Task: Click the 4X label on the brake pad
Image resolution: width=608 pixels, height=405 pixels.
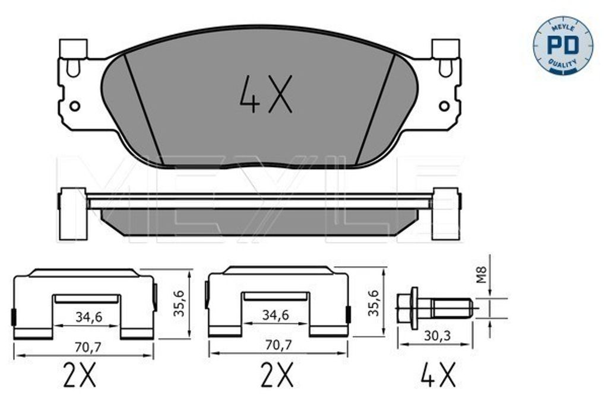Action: pyautogui.click(x=265, y=94)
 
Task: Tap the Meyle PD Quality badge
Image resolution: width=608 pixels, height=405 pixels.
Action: pyautogui.click(x=563, y=45)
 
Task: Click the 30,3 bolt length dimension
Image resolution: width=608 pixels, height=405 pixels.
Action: pyautogui.click(x=438, y=336)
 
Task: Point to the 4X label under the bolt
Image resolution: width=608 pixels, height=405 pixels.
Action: pyautogui.click(x=438, y=374)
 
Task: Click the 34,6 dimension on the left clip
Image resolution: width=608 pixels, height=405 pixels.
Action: pyautogui.click(x=89, y=317)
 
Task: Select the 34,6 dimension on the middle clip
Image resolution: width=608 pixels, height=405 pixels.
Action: pyautogui.click(x=275, y=315)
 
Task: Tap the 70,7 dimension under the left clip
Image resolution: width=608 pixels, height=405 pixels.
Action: pyautogui.click(x=88, y=347)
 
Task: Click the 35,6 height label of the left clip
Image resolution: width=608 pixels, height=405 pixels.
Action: pyautogui.click(x=179, y=304)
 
